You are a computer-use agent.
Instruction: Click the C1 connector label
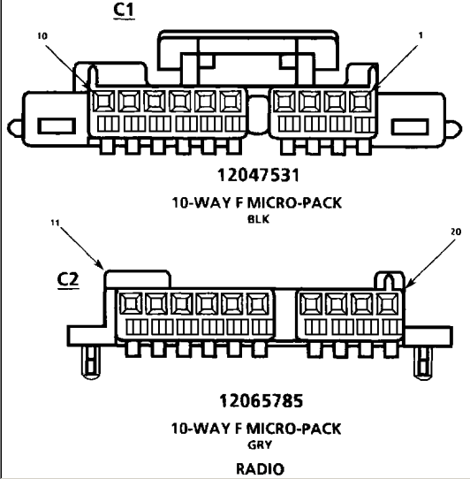(x=124, y=10)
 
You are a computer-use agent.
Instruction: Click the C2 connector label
(x=68, y=278)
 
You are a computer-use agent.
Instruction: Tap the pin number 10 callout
(x=42, y=36)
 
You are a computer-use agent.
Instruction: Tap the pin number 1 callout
(x=421, y=35)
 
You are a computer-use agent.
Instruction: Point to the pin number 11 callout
(x=55, y=223)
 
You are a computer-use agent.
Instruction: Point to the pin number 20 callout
(x=456, y=232)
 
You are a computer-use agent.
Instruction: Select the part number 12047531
(x=258, y=175)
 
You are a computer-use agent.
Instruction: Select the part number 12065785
(x=262, y=401)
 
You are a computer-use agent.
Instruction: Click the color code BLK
(x=258, y=219)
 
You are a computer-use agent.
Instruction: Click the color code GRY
(x=260, y=445)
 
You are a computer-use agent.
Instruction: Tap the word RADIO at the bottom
(x=261, y=468)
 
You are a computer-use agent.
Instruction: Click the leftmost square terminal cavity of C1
(x=104, y=101)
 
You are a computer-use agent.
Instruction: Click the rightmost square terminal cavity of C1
(x=360, y=101)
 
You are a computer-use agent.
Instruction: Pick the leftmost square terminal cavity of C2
(x=131, y=303)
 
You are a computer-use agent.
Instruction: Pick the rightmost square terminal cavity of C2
(x=387, y=304)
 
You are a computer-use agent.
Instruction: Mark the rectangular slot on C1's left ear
(x=57, y=126)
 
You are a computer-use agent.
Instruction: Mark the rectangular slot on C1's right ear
(x=410, y=126)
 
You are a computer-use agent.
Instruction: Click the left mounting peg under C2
(x=91, y=362)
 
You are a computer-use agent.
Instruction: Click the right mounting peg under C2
(x=423, y=362)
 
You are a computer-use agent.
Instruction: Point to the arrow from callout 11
(x=81, y=247)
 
